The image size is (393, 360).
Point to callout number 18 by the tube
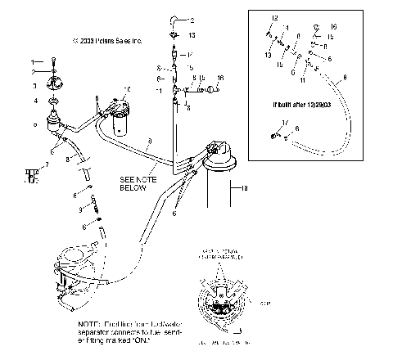244,189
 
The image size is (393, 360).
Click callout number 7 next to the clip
45,165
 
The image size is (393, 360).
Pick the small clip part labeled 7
32,174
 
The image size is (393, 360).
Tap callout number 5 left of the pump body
35,124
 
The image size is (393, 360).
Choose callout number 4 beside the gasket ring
35,101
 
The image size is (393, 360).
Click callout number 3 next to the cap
35,85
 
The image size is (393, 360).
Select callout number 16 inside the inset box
332,27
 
